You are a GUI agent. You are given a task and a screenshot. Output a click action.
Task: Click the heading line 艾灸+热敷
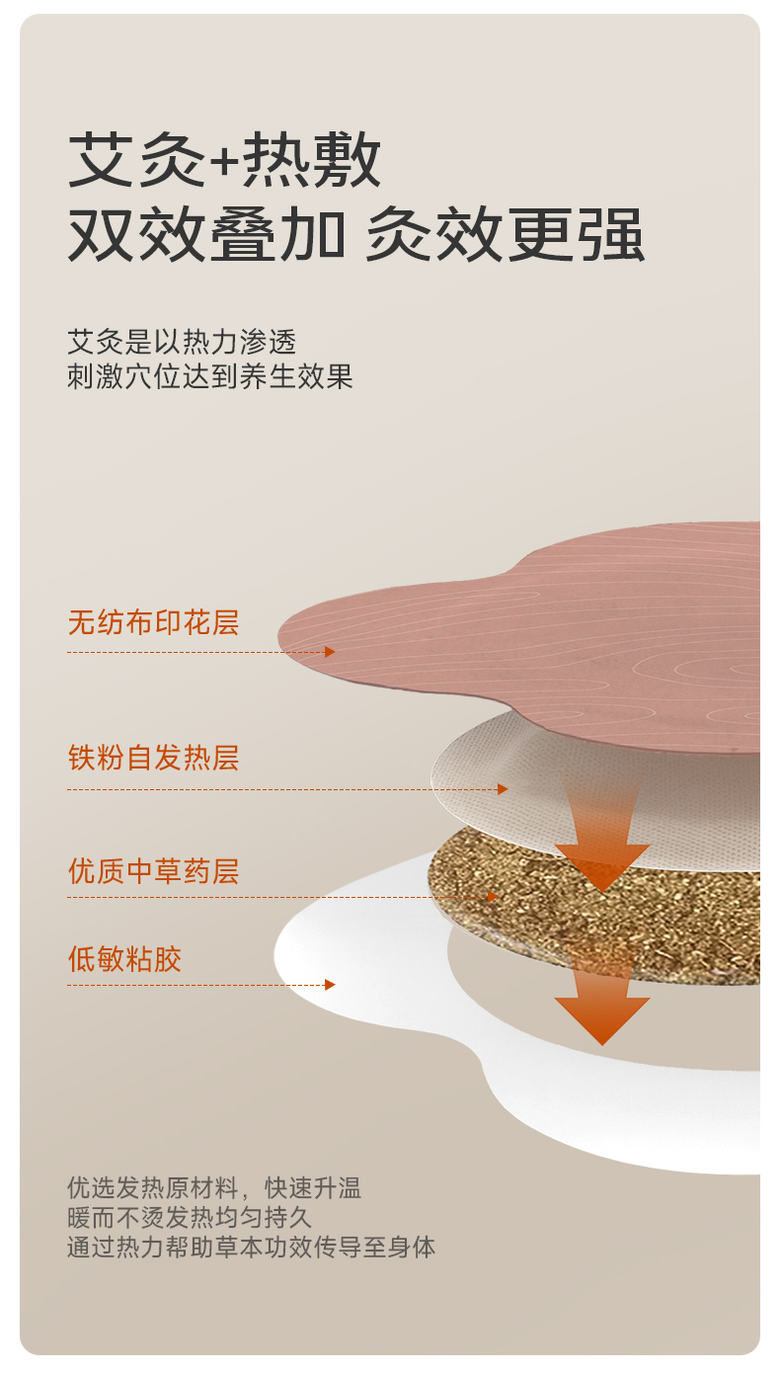[x=224, y=160]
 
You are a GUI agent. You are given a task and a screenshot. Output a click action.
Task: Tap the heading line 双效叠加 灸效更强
[x=355, y=235]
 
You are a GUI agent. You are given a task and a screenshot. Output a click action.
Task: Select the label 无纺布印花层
[x=153, y=623]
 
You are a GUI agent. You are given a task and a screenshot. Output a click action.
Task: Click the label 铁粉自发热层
[x=153, y=759]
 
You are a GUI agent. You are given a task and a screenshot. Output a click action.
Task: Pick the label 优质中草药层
[x=153, y=872]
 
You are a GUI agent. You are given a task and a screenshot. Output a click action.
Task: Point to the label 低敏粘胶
[x=124, y=959]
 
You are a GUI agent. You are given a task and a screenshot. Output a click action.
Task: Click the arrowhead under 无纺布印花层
[x=330, y=652]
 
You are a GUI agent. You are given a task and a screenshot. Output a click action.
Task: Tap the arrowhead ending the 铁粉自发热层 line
[x=503, y=789]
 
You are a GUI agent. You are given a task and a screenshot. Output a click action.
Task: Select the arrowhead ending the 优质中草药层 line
[x=493, y=897]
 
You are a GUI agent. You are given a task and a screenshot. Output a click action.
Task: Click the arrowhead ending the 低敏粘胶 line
[x=330, y=985]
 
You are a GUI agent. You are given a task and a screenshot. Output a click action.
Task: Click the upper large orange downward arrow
[x=601, y=849]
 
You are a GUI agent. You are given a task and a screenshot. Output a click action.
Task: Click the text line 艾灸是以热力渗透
[x=182, y=342]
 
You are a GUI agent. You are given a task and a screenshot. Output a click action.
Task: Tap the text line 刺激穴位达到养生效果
[x=209, y=376]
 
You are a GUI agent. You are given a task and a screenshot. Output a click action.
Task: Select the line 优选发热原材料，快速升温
[x=213, y=1187]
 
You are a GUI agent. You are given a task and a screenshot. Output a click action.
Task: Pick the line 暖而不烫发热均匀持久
[x=189, y=1217]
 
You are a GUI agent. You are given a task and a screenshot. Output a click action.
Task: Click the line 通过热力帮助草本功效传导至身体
[x=251, y=1247]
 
